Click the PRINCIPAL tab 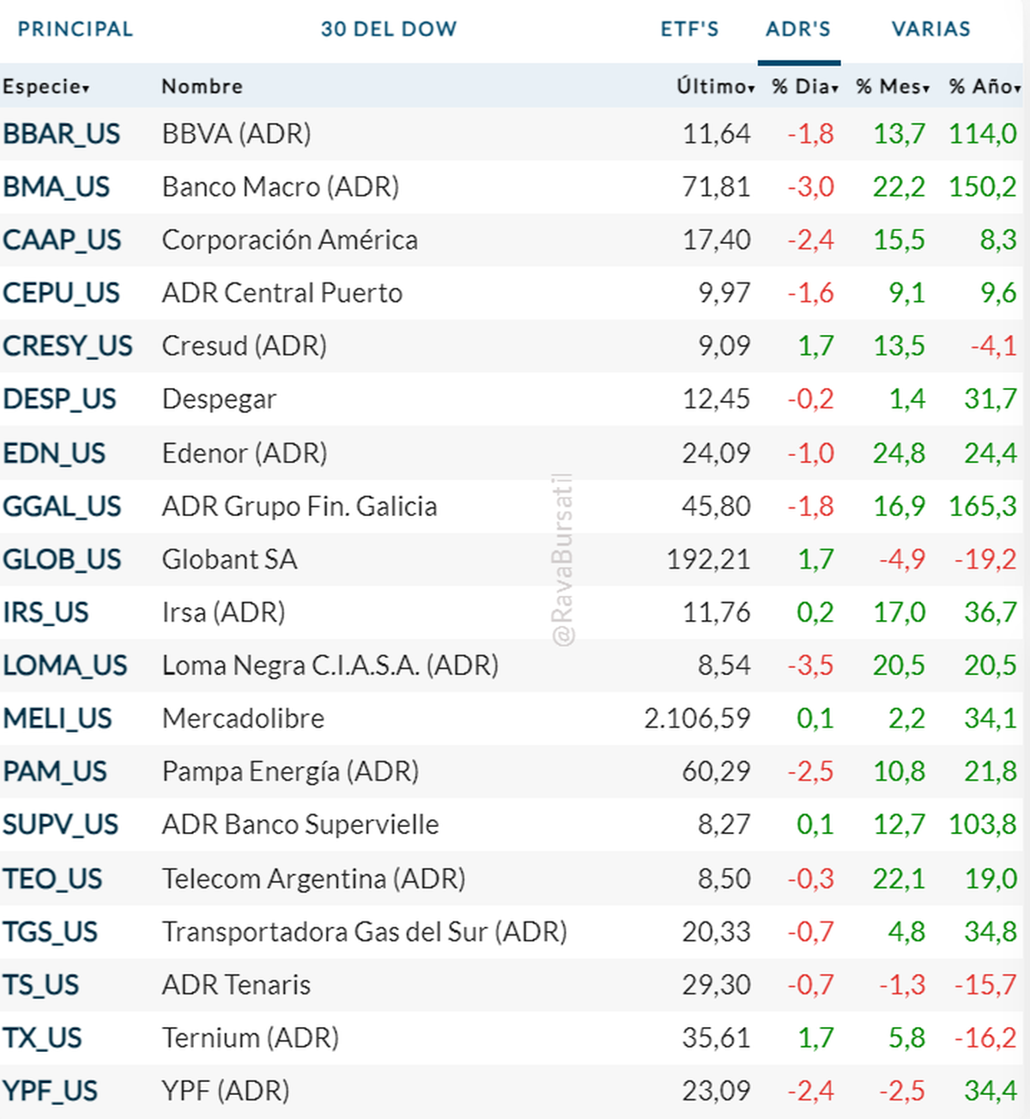76,29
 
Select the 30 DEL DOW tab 389,29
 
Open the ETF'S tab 689,29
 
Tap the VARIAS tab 930,29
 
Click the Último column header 714,87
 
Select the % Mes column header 892,87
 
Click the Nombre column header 202,87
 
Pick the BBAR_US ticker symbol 62,134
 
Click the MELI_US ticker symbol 58,718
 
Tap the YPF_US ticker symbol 51,1091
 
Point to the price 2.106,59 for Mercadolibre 697,718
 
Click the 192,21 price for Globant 708,559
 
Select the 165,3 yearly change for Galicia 982,506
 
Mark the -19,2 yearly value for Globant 985,559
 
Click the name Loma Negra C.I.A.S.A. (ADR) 330,665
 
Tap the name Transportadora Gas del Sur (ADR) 364,931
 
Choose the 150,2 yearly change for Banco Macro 982,186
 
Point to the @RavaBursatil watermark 563,559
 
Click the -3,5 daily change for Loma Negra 810,665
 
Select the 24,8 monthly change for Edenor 899,453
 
